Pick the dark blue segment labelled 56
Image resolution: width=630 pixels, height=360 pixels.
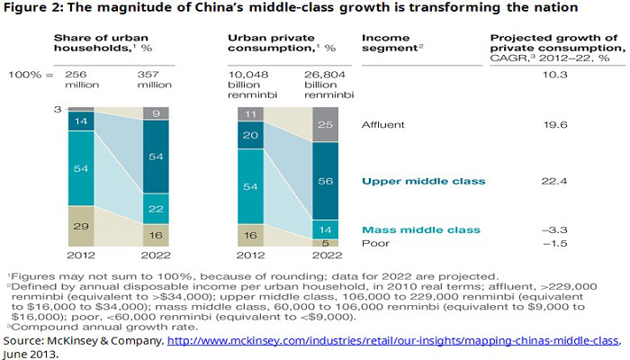coord(326,180)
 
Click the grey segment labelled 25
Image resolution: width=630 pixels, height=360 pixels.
coord(326,123)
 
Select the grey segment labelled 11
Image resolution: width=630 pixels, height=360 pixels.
coord(249,113)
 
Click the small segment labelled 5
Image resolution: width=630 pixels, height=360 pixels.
coord(326,242)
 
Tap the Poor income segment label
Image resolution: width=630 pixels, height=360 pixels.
coord(374,244)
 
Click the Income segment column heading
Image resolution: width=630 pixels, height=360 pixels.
coord(392,42)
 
